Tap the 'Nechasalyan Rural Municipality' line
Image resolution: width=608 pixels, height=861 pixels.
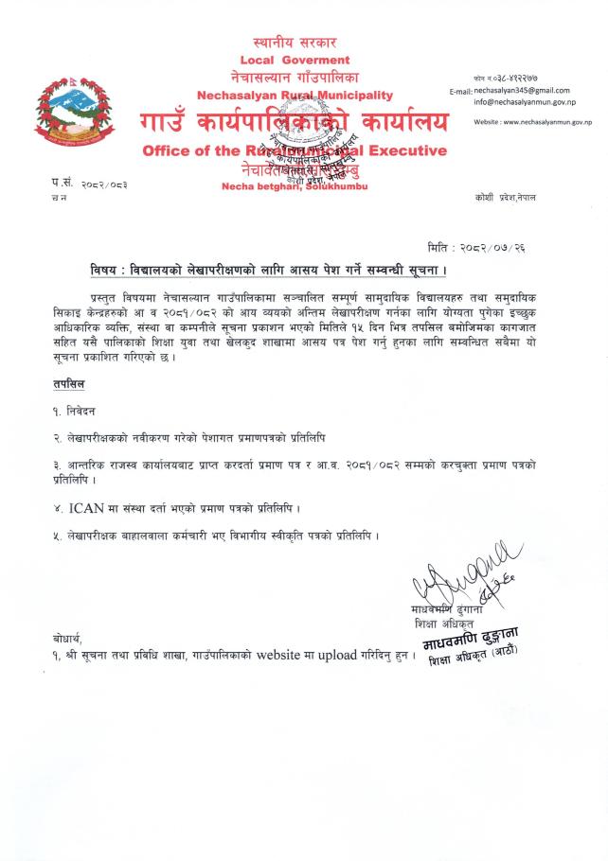pyautogui.click(x=295, y=96)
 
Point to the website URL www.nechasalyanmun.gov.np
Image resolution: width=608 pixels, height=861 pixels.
pyautogui.click(x=542, y=122)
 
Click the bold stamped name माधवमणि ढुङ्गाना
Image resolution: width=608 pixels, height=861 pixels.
pyautogui.click(x=469, y=639)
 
